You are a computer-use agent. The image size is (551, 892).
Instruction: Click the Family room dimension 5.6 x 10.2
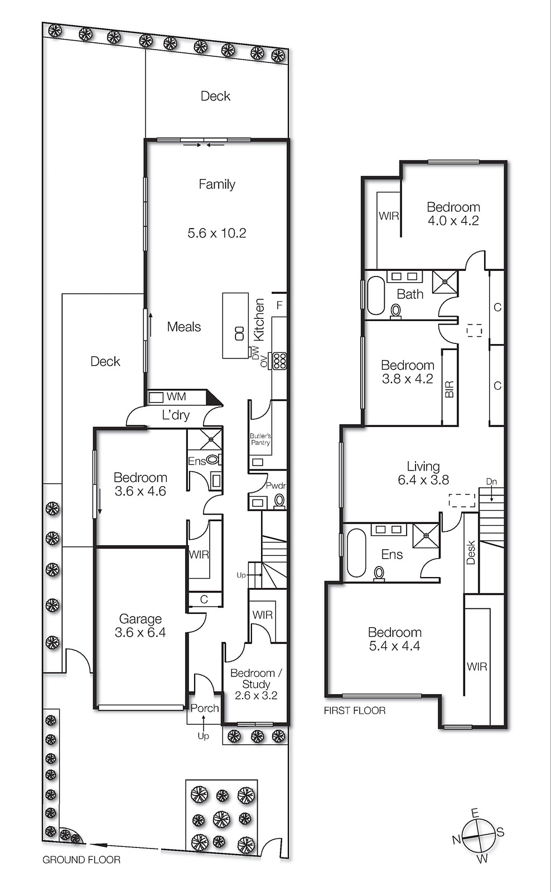pyautogui.click(x=216, y=233)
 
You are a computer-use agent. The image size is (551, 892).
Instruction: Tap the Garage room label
pyautogui.click(x=140, y=619)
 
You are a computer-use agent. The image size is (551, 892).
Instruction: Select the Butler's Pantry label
pyautogui.click(x=260, y=439)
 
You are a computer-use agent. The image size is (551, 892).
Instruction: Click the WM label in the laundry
pyautogui.click(x=176, y=397)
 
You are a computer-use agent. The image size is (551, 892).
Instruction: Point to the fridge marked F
pyautogui.click(x=279, y=306)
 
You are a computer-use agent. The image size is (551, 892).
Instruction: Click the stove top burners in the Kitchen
pyautogui.click(x=279, y=361)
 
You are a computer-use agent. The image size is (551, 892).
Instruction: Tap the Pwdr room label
pyautogui.click(x=275, y=486)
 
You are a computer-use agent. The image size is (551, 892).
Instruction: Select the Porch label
pyautogui.click(x=204, y=708)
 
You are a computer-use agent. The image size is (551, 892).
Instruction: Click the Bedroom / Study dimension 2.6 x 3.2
pyautogui.click(x=256, y=695)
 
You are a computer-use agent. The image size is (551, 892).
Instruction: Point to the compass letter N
pyautogui.click(x=456, y=840)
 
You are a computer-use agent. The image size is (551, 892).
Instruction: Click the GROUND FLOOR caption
pyautogui.click(x=81, y=860)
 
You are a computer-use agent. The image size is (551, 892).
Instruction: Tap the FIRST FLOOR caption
pyautogui.click(x=355, y=710)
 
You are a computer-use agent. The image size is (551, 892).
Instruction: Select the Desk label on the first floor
pyautogui.click(x=471, y=552)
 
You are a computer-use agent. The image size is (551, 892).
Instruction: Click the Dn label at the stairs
pyautogui.click(x=491, y=482)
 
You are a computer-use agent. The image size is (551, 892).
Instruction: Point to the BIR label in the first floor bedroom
pyautogui.click(x=449, y=389)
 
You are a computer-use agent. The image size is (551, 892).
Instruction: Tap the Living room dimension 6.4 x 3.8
pyautogui.click(x=423, y=480)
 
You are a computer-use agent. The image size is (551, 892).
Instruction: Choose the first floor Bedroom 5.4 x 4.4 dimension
pyautogui.click(x=394, y=646)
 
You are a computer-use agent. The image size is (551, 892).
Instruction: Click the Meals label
pyautogui.click(x=184, y=327)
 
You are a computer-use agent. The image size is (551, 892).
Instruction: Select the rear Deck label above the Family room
pyautogui.click(x=215, y=96)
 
